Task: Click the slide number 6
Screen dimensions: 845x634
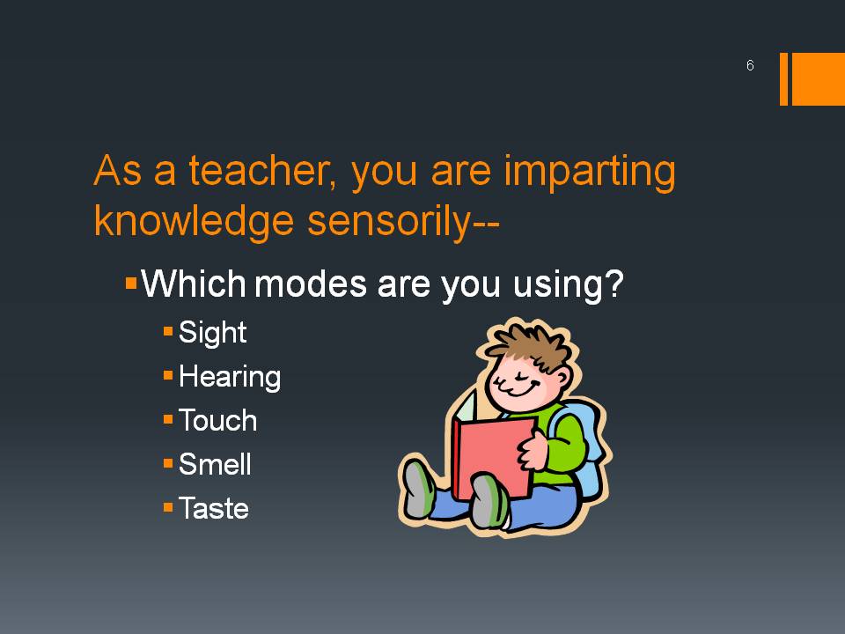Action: coord(750,65)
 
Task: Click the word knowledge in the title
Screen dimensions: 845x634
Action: coord(194,221)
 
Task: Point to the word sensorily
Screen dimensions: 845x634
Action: coord(388,222)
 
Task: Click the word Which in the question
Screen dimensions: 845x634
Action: coord(194,283)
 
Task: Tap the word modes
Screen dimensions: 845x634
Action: coord(311,284)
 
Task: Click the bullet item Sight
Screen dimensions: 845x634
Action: coord(212,333)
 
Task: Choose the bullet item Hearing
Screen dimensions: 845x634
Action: coord(230,377)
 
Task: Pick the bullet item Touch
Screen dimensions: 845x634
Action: coord(217,421)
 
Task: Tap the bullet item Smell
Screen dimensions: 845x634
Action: coord(215,464)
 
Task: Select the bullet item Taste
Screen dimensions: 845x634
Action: coord(213,508)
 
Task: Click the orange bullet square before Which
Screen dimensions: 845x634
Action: coord(131,283)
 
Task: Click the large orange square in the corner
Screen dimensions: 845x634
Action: coord(818,78)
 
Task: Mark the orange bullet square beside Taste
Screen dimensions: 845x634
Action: coord(168,507)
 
